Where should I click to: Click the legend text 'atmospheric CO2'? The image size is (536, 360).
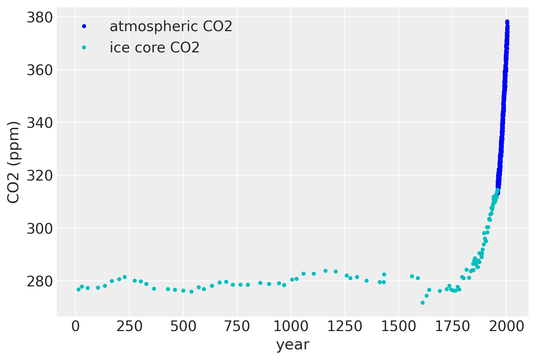tap(171, 26)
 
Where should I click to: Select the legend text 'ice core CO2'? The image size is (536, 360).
tap(155, 48)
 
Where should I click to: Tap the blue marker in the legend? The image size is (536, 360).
tap(84, 26)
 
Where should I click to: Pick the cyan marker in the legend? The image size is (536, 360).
tap(84, 48)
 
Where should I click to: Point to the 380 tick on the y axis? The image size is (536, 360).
tap(40, 17)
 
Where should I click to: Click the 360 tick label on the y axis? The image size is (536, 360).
tap(40, 70)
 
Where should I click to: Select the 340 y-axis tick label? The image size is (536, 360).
tap(40, 123)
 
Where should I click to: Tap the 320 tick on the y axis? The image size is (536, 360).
tap(40, 175)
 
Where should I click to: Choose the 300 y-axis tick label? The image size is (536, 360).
tap(40, 228)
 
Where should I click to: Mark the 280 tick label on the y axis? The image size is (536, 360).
tap(40, 281)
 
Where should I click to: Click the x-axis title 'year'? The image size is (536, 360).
tap(293, 345)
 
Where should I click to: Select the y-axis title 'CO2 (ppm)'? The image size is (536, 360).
tap(14, 162)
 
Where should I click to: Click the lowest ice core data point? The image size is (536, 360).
tap(422, 303)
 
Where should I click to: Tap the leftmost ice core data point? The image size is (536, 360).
tap(78, 289)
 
